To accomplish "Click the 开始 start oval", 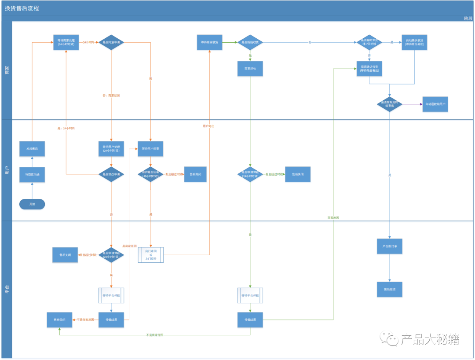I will (32, 204).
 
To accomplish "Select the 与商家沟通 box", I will (32, 175).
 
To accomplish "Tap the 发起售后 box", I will (32, 149).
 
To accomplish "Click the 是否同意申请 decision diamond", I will (111, 42).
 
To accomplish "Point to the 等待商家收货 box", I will (209, 42).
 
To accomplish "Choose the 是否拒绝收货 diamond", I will (250, 42).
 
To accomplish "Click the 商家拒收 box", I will (250, 69).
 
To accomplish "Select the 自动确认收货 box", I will (414, 42).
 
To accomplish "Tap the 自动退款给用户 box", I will (435, 104).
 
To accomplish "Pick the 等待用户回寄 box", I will (151, 149).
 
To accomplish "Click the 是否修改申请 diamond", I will (111, 174).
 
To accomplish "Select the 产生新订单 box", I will (389, 246).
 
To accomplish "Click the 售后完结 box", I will (389, 289).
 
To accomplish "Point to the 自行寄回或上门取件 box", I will (151, 255).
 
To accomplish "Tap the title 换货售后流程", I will (22, 8).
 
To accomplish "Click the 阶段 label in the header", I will (468, 18).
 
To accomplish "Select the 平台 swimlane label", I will (7, 289).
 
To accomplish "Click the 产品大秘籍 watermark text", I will (430, 339).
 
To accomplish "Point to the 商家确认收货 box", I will (369, 69).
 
